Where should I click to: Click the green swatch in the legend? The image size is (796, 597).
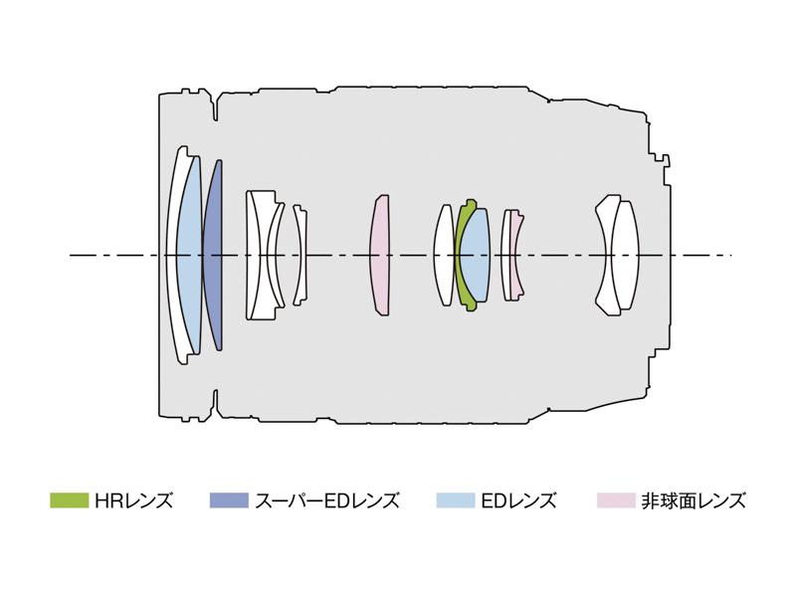pyautogui.click(x=70, y=500)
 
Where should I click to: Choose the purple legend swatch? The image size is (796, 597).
pyautogui.click(x=229, y=500)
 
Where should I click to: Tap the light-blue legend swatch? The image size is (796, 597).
pyautogui.click(x=456, y=500)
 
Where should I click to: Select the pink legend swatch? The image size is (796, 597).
pyautogui.click(x=616, y=500)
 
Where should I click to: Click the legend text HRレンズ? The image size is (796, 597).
pyautogui.click(x=133, y=500)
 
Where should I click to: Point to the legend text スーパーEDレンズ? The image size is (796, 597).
pyautogui.click(x=327, y=500)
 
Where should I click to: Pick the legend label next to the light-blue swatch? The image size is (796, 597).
pyautogui.click(x=518, y=500)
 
